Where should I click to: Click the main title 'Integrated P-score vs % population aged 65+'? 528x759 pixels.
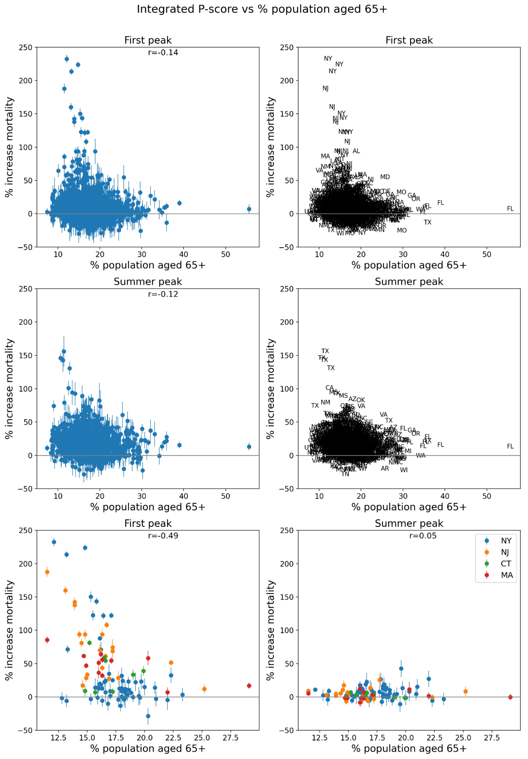[x=262, y=9]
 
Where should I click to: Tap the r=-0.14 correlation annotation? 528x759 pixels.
[x=163, y=53]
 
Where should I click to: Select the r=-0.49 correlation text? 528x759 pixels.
[x=163, y=535]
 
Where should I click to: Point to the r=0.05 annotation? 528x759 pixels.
[x=423, y=535]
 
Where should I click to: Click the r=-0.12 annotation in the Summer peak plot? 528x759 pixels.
[x=163, y=294]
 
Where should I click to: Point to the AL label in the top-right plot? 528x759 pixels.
[x=356, y=151]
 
